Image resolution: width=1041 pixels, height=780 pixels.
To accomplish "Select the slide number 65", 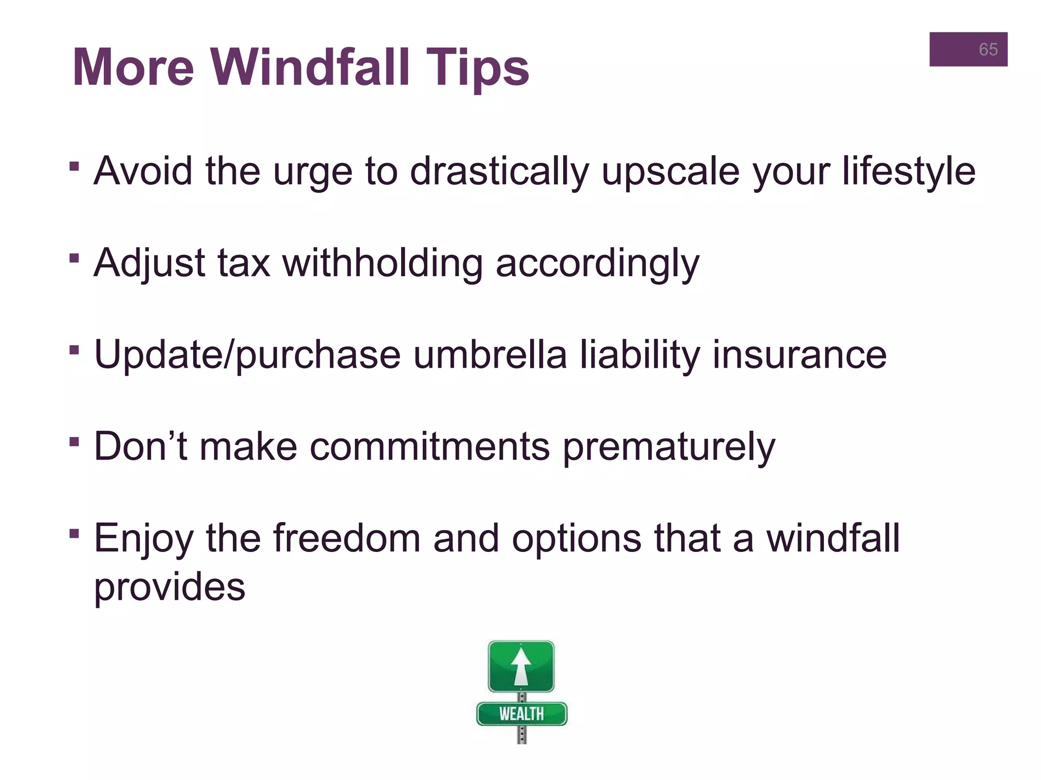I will (988, 49).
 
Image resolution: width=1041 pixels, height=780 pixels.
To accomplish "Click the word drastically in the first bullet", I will (499, 171).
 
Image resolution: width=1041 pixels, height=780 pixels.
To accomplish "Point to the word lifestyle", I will (908, 171).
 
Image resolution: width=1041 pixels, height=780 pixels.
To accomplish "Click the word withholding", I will (382, 263).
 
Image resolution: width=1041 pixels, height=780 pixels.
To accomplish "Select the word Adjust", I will (149, 263).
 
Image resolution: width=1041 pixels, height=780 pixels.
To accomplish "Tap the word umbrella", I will (489, 354).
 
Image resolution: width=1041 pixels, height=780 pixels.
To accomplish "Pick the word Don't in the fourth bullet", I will (140, 446).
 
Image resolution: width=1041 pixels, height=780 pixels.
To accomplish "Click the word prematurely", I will (669, 446).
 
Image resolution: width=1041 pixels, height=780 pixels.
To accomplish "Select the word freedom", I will (347, 538).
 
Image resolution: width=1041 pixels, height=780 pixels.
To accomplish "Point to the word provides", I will (169, 587).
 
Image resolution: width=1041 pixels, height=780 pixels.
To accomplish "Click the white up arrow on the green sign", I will (521, 666).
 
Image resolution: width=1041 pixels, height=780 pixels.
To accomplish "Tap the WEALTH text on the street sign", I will (521, 714).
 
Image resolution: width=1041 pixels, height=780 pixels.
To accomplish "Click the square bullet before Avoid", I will (74, 167).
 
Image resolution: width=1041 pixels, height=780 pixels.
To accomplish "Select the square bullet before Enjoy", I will (74, 533).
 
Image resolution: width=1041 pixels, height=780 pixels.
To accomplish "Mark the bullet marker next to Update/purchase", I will (74, 350).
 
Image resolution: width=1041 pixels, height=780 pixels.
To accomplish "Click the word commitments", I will (430, 446).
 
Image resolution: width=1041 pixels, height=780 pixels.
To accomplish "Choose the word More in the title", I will (133, 68).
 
